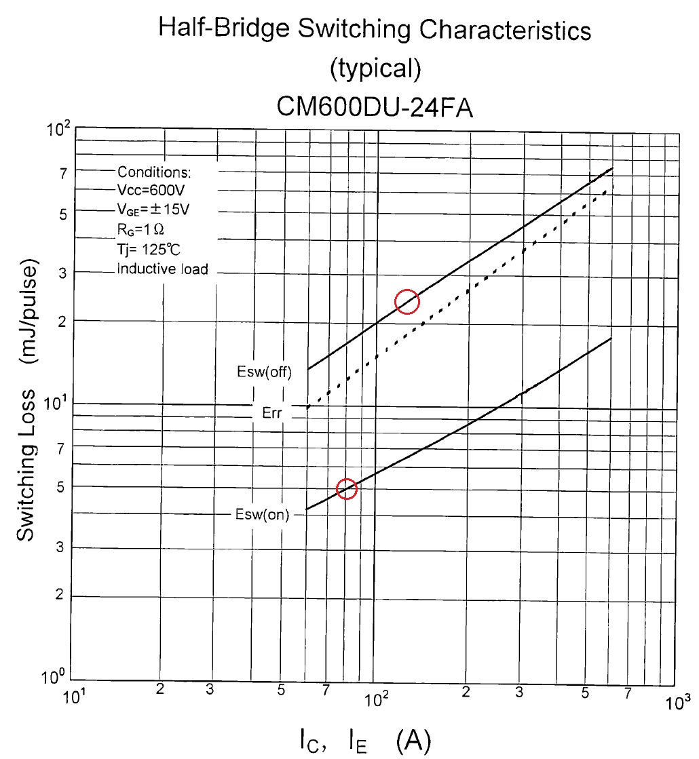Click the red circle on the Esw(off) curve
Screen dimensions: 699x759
tap(407, 290)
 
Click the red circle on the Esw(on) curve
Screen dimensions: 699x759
tap(346, 479)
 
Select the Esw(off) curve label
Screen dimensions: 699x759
tap(264, 372)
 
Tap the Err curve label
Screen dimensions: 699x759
tap(271, 413)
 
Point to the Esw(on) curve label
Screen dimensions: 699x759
tap(262, 514)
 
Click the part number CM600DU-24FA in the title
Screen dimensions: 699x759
tap(375, 107)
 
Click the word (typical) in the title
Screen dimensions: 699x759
tap(375, 69)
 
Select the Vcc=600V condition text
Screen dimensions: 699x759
tap(151, 190)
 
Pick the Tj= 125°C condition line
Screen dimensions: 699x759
tap(148, 250)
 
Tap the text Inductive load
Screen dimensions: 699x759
tap(162, 269)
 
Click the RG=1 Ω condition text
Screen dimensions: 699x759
tap(140, 229)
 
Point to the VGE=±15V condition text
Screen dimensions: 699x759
tap(153, 209)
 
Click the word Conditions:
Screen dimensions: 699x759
tap(154, 172)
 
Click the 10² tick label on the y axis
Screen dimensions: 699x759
tap(58, 129)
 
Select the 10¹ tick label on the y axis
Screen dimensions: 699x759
tap(55, 403)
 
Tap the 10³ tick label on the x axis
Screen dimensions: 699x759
tap(677, 703)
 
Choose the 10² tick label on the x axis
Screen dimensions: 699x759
tap(376, 699)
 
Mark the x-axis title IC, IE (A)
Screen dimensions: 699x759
tap(365, 741)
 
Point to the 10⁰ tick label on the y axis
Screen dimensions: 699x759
tap(52, 677)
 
